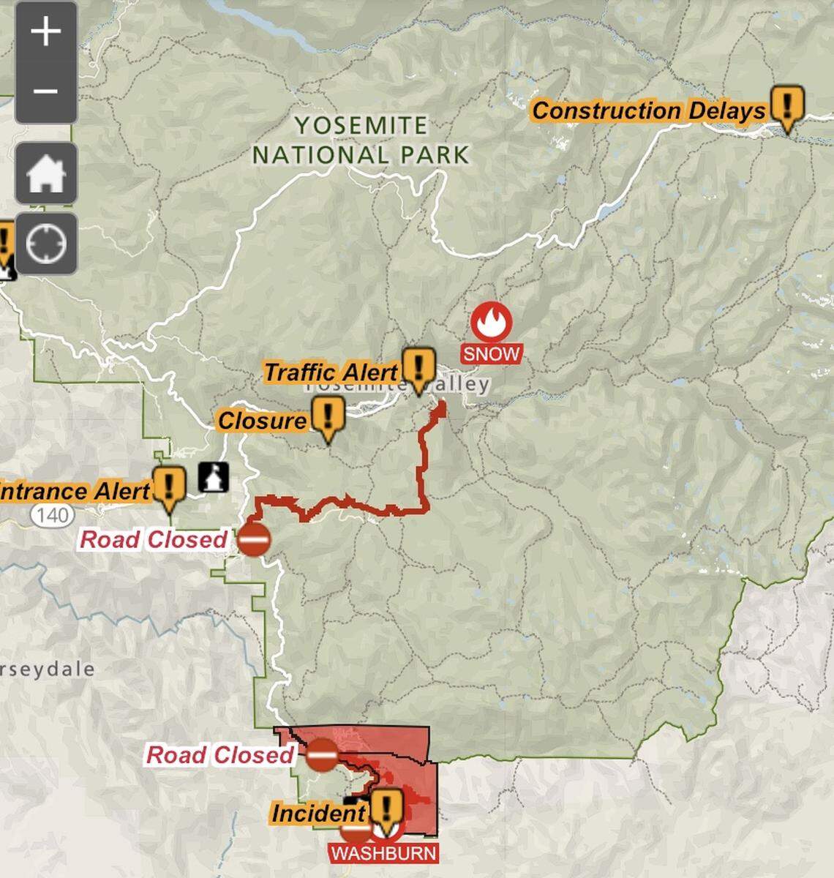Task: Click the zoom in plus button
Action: click(45, 32)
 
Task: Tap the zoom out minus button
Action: click(45, 91)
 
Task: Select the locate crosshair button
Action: click(45, 244)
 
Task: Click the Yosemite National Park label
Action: click(360, 140)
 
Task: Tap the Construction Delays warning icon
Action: click(787, 107)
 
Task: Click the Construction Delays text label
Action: click(648, 111)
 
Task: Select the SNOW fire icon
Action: click(492, 322)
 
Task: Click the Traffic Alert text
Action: click(331, 372)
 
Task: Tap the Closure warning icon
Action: click(328, 417)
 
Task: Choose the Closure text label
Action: click(263, 421)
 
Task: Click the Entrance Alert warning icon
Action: click(170, 487)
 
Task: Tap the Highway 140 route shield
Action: click(52, 515)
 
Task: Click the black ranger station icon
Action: click(214, 477)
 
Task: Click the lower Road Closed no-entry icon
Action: click(321, 754)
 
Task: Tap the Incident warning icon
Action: click(386, 808)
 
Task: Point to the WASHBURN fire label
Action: click(384, 852)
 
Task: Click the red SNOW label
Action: click(492, 354)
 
